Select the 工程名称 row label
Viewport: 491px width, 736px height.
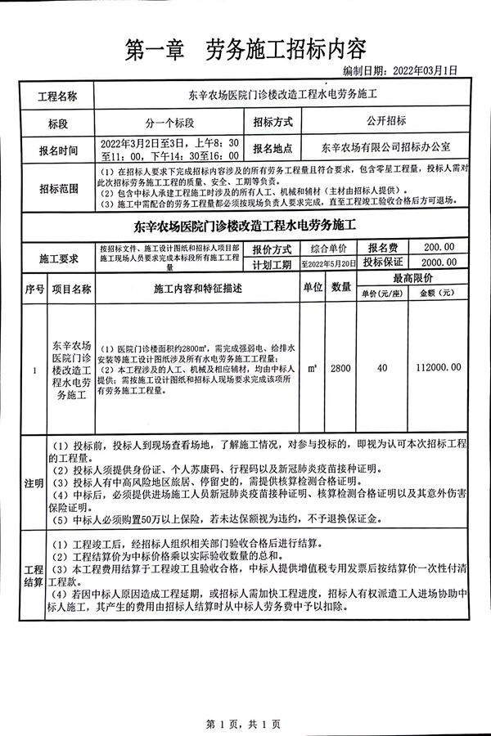[x=57, y=96]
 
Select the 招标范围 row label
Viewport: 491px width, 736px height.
[x=57, y=189]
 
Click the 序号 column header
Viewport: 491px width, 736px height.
[x=34, y=289]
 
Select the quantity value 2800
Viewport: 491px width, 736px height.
[x=340, y=369]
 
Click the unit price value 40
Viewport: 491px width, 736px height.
[x=382, y=369]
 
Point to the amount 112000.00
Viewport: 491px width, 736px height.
[x=439, y=369]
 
